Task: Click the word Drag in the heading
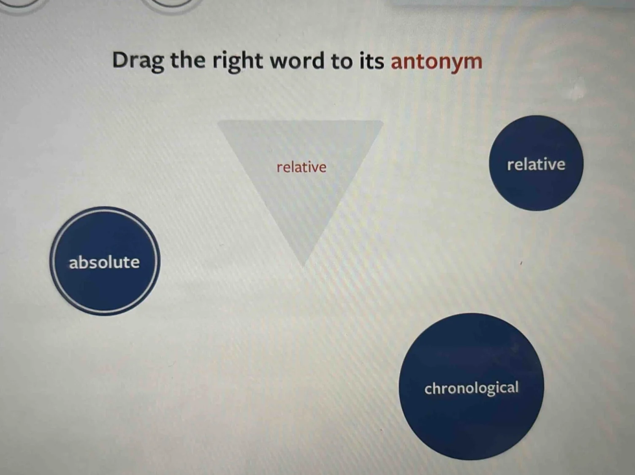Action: (x=138, y=60)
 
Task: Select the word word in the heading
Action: (x=297, y=60)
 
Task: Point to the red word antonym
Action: (x=436, y=61)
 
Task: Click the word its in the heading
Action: (x=372, y=60)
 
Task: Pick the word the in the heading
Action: (x=187, y=60)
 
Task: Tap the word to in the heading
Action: (x=341, y=60)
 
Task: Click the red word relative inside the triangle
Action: (x=301, y=167)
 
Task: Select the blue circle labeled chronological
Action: (x=472, y=418)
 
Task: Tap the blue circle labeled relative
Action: (x=536, y=186)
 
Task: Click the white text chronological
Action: (x=471, y=388)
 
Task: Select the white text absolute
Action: (x=104, y=262)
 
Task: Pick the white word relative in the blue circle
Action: (x=536, y=164)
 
